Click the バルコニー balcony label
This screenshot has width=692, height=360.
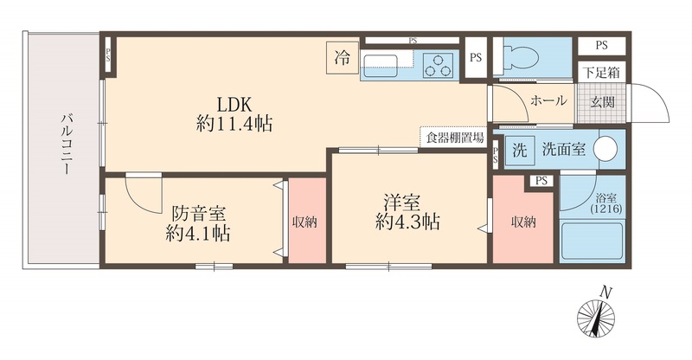pos(65,147)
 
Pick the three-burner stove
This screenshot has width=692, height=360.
pos(439,63)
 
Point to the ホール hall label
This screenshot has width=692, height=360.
pos(548,100)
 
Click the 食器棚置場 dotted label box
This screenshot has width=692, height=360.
pos(454,137)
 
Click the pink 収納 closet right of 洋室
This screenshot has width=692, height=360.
pos(522,222)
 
